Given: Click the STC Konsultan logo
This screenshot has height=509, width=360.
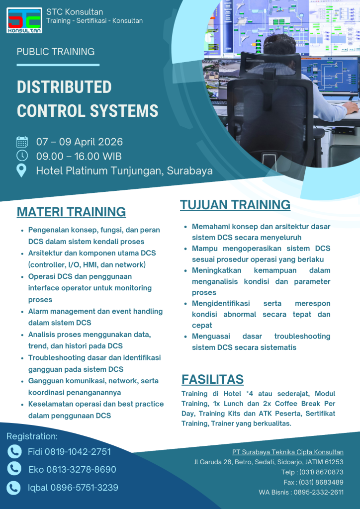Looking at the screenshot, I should (x=24, y=20).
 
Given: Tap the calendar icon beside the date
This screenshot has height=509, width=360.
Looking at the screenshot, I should (x=22, y=142).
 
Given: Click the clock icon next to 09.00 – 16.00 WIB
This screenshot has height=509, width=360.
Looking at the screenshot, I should (x=22, y=156).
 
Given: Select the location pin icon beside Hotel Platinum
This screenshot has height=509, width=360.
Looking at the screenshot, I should (x=22, y=170).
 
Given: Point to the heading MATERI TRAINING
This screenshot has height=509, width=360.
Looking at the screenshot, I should (x=71, y=212).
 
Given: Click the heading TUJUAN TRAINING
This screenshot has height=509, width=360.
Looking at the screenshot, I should (x=235, y=205).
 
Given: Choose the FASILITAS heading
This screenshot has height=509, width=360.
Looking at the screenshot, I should (x=212, y=379).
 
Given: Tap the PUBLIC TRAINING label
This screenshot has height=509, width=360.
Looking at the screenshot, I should (x=56, y=52).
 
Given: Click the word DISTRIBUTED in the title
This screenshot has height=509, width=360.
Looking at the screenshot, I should (x=64, y=87).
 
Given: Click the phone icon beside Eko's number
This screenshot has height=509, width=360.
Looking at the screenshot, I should (x=14, y=468).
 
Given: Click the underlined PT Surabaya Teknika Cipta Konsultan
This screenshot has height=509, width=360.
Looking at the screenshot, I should (x=287, y=452).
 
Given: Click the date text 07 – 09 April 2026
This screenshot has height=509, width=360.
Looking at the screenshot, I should (x=79, y=142).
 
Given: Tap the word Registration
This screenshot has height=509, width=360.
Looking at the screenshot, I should (x=32, y=436).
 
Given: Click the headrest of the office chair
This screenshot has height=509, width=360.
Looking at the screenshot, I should (x=270, y=65).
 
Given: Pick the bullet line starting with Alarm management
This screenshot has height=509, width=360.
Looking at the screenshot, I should (x=95, y=312).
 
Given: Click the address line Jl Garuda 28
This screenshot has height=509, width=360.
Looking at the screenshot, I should (x=269, y=462).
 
